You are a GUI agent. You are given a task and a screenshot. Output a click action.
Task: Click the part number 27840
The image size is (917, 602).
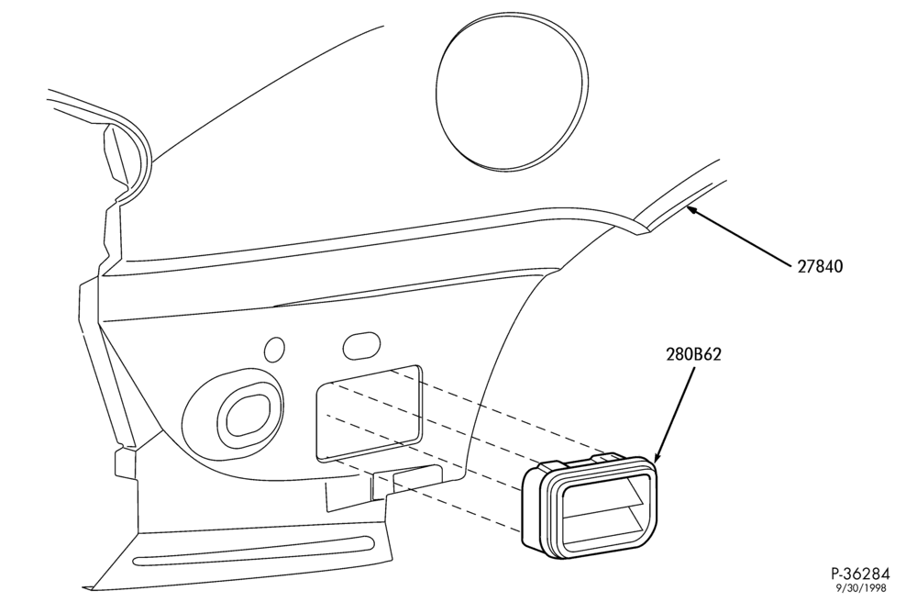pyautogui.click(x=820, y=267)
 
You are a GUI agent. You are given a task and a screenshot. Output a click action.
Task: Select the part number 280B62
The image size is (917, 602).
pyautogui.click(x=693, y=354)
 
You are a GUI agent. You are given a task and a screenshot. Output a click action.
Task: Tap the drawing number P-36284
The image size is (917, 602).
pyautogui.click(x=860, y=573)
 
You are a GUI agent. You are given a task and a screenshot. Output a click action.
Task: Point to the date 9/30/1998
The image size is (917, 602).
pyautogui.click(x=861, y=588)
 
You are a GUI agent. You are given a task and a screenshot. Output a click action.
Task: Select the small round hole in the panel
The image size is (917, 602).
pyautogui.click(x=275, y=350)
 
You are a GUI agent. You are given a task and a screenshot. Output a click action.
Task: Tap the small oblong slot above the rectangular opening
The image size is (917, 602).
pyautogui.click(x=360, y=346)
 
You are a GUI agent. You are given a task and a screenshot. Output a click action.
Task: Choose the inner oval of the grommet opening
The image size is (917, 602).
pyautogui.click(x=248, y=415)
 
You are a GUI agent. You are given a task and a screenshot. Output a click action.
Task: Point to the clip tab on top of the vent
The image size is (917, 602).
pyautogui.click(x=608, y=456)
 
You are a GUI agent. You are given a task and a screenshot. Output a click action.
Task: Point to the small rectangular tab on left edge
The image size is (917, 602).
pyautogui.click(x=125, y=463)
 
